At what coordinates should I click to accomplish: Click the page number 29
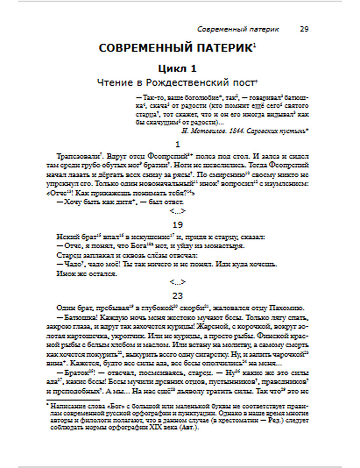(304, 29)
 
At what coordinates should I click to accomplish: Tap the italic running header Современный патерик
(238, 29)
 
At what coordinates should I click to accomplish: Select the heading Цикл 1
(177, 68)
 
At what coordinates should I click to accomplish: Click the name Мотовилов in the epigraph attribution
(209, 131)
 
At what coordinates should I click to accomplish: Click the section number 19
(177, 225)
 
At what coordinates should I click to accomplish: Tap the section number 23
(177, 296)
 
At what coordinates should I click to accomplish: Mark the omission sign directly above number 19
(177, 211)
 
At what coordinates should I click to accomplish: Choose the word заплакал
(92, 255)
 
